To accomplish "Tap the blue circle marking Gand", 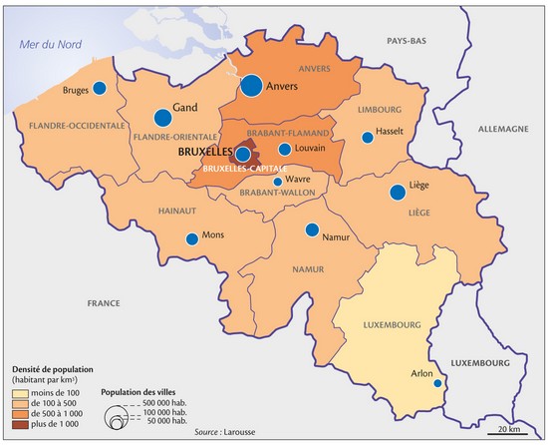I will click(161, 117).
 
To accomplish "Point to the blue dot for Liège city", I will click(398, 192).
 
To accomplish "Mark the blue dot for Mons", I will click(192, 238).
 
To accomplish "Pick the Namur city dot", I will click(313, 228).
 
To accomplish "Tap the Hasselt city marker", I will click(368, 137).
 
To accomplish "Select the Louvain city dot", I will click(285, 149).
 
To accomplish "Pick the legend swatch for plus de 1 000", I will click(18, 425).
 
